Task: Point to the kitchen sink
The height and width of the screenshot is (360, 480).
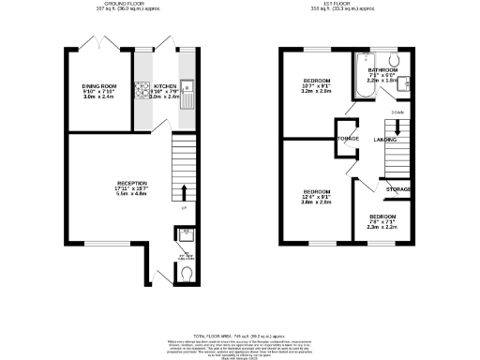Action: (x=187, y=93)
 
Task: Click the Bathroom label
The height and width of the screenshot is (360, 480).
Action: (x=382, y=69)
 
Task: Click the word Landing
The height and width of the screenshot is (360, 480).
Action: (x=384, y=140)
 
